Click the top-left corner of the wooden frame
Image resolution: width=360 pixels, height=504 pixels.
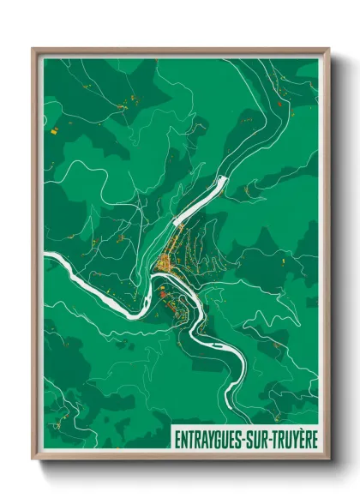33,50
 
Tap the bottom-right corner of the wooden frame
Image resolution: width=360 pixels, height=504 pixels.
328,459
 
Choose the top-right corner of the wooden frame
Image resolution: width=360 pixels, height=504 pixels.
328,50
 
